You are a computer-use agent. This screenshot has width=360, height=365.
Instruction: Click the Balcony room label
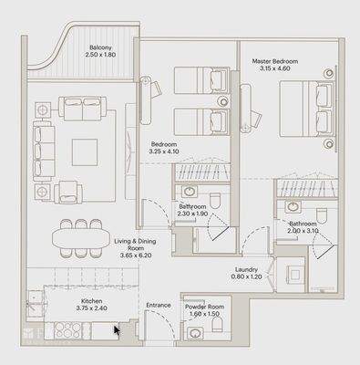100,48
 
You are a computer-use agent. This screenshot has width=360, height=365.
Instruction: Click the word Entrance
159,306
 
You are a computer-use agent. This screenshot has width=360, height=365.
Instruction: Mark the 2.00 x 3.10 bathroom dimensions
303,232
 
